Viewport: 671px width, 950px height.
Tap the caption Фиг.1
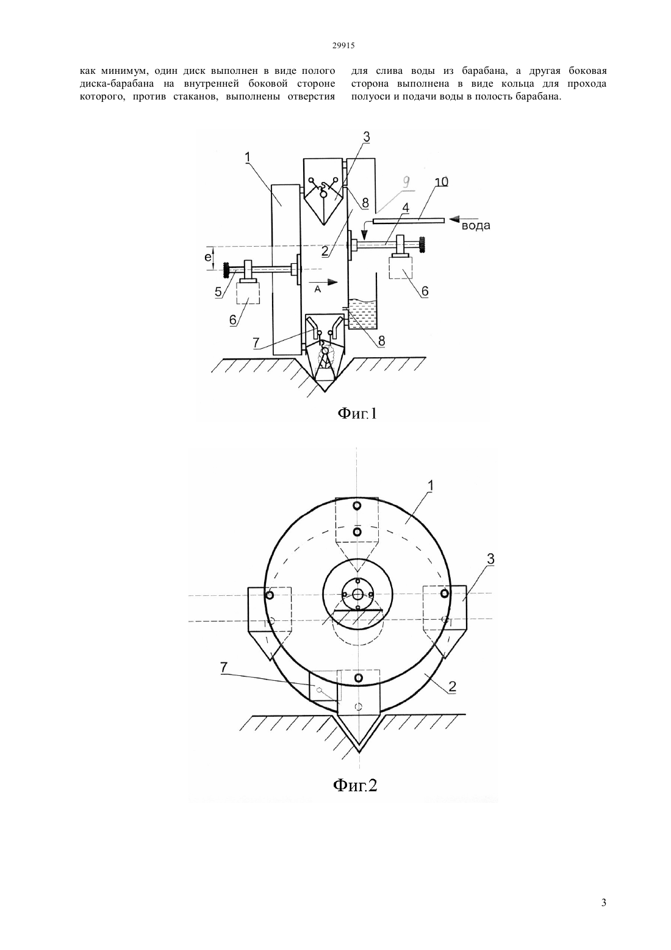356,413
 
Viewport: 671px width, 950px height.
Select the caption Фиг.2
355,786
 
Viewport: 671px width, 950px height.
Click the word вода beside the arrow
475,225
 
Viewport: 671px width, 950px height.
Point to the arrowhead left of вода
454,219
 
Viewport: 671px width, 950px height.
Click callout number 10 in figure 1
441,181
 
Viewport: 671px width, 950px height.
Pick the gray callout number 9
406,183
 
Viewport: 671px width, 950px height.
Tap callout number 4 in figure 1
406,208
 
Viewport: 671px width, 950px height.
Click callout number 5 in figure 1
218,292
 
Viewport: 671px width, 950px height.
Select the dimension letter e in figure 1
208,257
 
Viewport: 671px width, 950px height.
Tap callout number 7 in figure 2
224,667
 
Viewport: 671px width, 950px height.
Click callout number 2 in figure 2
453,686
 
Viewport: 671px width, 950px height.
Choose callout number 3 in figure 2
490,559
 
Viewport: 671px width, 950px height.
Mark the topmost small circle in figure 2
357,506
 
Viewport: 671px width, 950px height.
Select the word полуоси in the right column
368,96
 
